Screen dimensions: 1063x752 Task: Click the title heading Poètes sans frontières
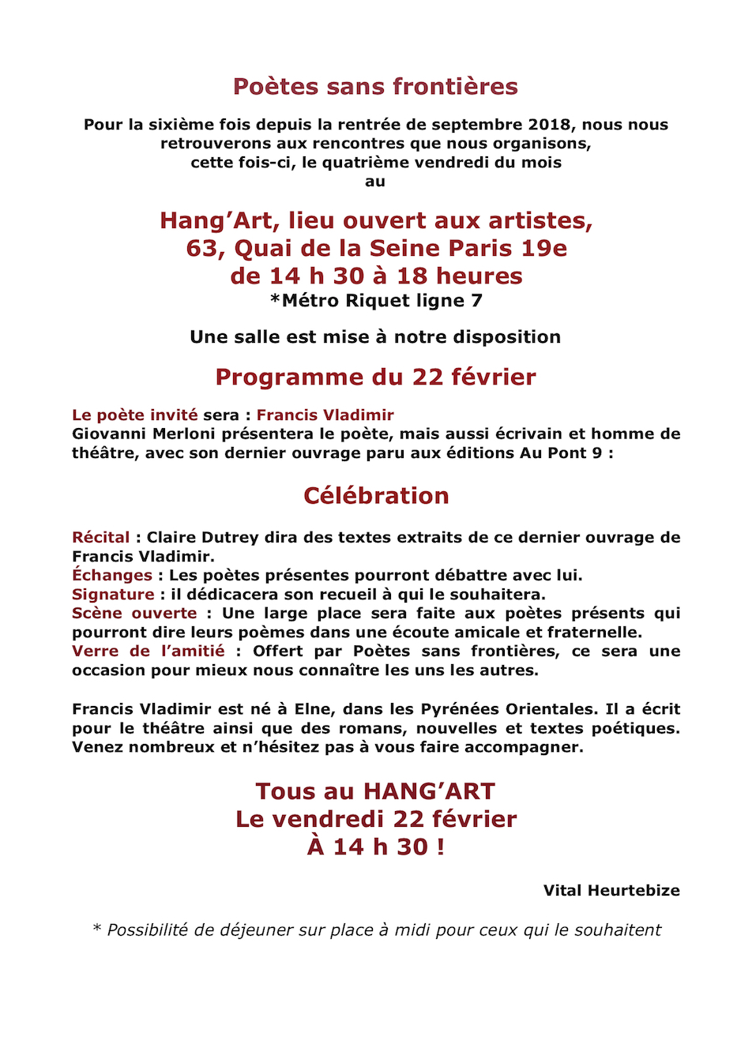coord(375,86)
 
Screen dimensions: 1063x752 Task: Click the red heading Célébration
coord(376,495)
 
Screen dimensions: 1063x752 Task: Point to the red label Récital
coord(100,537)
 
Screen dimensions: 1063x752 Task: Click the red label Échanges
coord(111,575)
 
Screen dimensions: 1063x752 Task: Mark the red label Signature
coord(113,594)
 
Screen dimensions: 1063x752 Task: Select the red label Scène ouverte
coord(134,613)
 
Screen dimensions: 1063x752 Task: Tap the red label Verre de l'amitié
coord(149,651)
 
